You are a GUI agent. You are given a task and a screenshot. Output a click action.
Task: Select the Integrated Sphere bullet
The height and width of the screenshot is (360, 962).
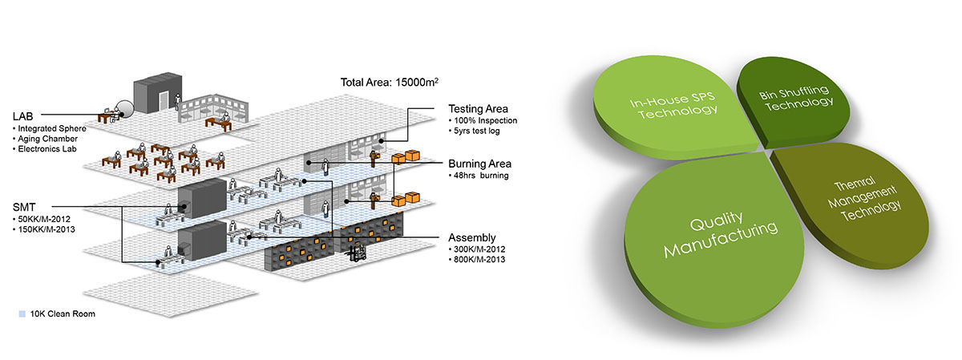coord(50,128)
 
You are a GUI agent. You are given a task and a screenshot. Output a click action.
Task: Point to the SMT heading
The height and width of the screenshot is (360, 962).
coord(24,206)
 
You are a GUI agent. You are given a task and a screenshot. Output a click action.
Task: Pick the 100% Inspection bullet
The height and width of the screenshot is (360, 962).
coord(484,121)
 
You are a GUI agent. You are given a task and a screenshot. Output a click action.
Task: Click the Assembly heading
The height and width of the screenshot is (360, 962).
coord(472,237)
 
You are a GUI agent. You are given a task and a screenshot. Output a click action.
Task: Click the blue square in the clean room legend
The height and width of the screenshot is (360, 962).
coord(19,313)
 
